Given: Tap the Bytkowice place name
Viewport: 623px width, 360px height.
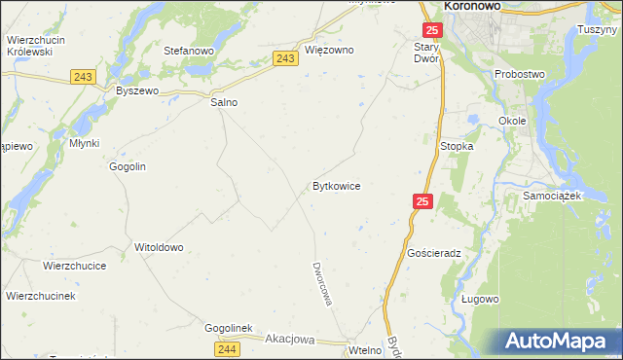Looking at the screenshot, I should [x=337, y=185].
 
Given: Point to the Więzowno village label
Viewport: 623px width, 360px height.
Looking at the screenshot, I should [x=329, y=50].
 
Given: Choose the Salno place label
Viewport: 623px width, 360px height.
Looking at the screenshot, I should [x=224, y=101].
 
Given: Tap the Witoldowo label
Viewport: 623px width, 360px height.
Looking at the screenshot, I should [x=159, y=247].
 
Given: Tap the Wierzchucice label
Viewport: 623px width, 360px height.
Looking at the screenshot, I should [x=74, y=265].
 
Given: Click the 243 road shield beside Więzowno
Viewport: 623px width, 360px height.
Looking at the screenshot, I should [x=285, y=59].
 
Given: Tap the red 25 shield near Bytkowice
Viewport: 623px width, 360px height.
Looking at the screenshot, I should [x=421, y=200].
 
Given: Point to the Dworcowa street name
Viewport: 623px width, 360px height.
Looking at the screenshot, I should [x=322, y=283].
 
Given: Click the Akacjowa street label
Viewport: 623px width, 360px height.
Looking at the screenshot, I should [x=291, y=340].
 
